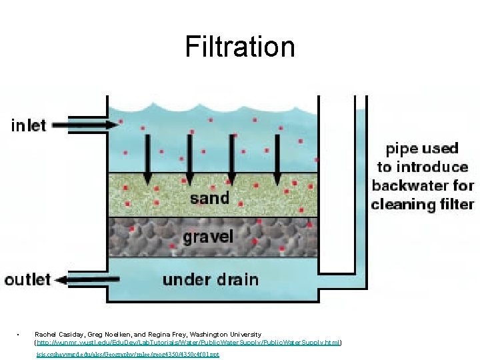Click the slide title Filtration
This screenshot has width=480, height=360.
pos(240,47)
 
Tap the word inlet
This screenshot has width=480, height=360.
pos(29,125)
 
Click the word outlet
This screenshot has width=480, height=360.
pos(27,279)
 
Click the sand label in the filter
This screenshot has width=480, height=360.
pos(209,197)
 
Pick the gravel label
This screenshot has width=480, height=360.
pos(209,236)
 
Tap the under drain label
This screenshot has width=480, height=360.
pos(210,279)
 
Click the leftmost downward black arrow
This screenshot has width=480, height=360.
pos(147,160)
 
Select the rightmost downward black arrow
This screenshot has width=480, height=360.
pos(277,160)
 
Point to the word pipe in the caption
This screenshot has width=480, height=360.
pos(402,149)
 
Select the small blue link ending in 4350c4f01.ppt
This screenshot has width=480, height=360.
pos(127,354)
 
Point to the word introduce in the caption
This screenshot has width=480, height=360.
pos(435,167)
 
